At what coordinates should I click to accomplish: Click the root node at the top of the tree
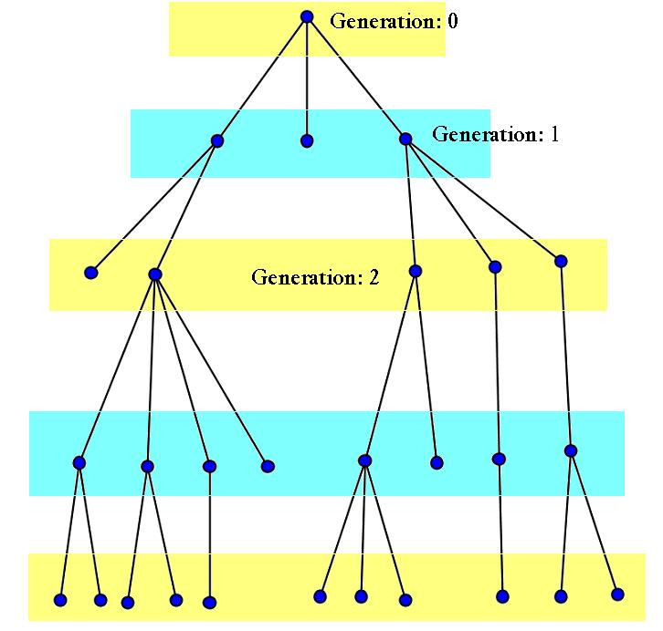(x=307, y=17)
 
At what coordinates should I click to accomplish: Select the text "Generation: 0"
(x=393, y=20)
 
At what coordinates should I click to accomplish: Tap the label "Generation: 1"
(x=494, y=134)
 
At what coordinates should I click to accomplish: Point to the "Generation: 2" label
(x=314, y=277)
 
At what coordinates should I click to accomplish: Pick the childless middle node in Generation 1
(x=307, y=140)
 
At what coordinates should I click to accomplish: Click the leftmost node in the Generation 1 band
(x=217, y=140)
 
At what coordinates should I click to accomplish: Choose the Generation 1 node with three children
(x=405, y=139)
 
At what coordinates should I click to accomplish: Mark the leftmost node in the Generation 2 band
(x=90, y=272)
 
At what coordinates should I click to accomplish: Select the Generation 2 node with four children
(x=154, y=274)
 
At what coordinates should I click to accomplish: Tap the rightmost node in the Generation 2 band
(x=561, y=262)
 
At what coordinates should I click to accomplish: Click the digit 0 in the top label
(x=452, y=20)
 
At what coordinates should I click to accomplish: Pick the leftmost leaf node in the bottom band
(x=60, y=600)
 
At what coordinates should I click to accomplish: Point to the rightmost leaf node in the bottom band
(x=617, y=594)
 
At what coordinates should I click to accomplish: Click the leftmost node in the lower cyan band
(x=79, y=462)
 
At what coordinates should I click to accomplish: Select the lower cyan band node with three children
(x=364, y=460)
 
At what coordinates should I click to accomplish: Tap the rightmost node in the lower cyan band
(x=571, y=450)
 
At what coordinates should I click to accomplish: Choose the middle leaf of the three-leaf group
(x=361, y=596)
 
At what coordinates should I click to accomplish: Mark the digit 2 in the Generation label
(x=373, y=277)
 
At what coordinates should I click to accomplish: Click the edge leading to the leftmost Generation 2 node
(x=153, y=206)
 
